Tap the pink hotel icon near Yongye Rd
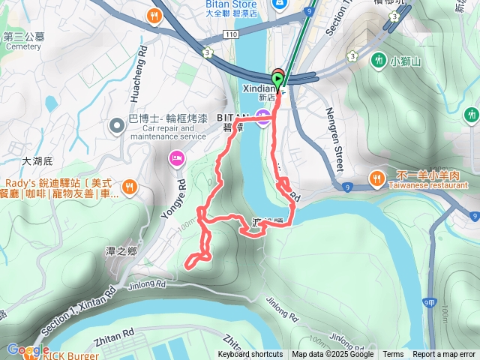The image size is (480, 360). click(x=176, y=157)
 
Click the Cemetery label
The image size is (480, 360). click(x=22, y=46)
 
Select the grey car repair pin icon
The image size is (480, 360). click(x=116, y=124)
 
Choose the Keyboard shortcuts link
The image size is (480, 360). click(x=250, y=355)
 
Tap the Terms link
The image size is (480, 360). click(x=393, y=355)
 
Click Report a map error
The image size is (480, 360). click(x=444, y=355)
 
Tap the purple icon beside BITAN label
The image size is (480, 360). click(x=262, y=115)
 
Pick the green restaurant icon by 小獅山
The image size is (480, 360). click(x=380, y=58)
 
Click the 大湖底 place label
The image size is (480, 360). click(x=37, y=160)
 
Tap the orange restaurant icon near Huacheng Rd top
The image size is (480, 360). click(x=155, y=15)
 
